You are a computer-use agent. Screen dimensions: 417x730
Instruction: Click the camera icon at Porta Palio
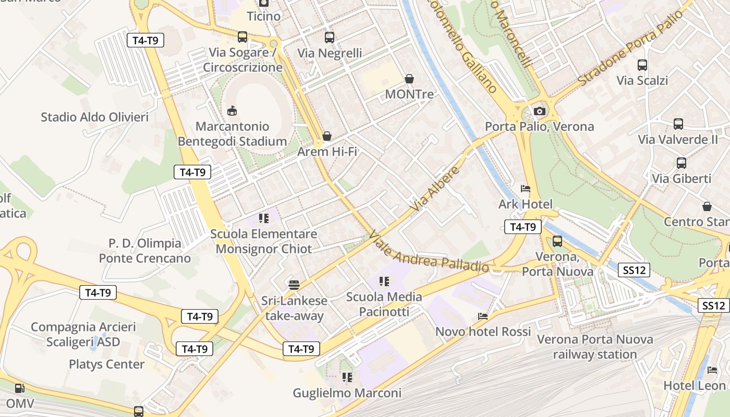click(539, 111)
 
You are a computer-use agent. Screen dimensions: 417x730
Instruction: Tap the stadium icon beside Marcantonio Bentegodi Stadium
click(232, 111)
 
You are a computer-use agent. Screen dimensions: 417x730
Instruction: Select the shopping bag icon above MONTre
click(409, 79)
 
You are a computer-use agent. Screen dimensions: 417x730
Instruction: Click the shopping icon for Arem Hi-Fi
click(327, 136)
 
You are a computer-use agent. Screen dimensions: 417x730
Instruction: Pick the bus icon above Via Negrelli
click(330, 37)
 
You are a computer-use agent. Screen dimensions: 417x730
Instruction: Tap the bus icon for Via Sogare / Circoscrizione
click(242, 36)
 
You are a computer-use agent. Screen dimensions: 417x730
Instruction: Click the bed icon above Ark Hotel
click(525, 188)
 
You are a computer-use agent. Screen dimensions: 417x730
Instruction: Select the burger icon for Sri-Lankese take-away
click(294, 285)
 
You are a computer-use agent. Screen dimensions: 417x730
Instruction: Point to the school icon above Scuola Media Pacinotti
click(384, 281)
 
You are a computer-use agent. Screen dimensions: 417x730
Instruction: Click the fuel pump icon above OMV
click(19, 388)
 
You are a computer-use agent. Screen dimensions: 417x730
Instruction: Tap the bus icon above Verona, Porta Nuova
click(557, 241)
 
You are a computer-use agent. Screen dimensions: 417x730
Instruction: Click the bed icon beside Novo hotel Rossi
click(483, 316)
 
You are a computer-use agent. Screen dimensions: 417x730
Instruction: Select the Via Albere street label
click(435, 189)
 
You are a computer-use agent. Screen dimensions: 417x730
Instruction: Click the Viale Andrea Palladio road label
click(429, 253)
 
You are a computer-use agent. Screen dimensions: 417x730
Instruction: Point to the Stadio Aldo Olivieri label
click(94, 117)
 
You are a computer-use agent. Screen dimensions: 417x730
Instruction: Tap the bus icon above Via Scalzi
click(642, 65)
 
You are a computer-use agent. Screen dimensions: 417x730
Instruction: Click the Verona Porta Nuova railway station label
click(595, 347)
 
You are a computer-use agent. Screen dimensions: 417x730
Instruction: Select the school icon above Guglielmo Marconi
click(347, 377)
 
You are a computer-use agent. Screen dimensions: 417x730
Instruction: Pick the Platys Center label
click(107, 364)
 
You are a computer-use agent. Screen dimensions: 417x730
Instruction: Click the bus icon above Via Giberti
click(681, 163)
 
